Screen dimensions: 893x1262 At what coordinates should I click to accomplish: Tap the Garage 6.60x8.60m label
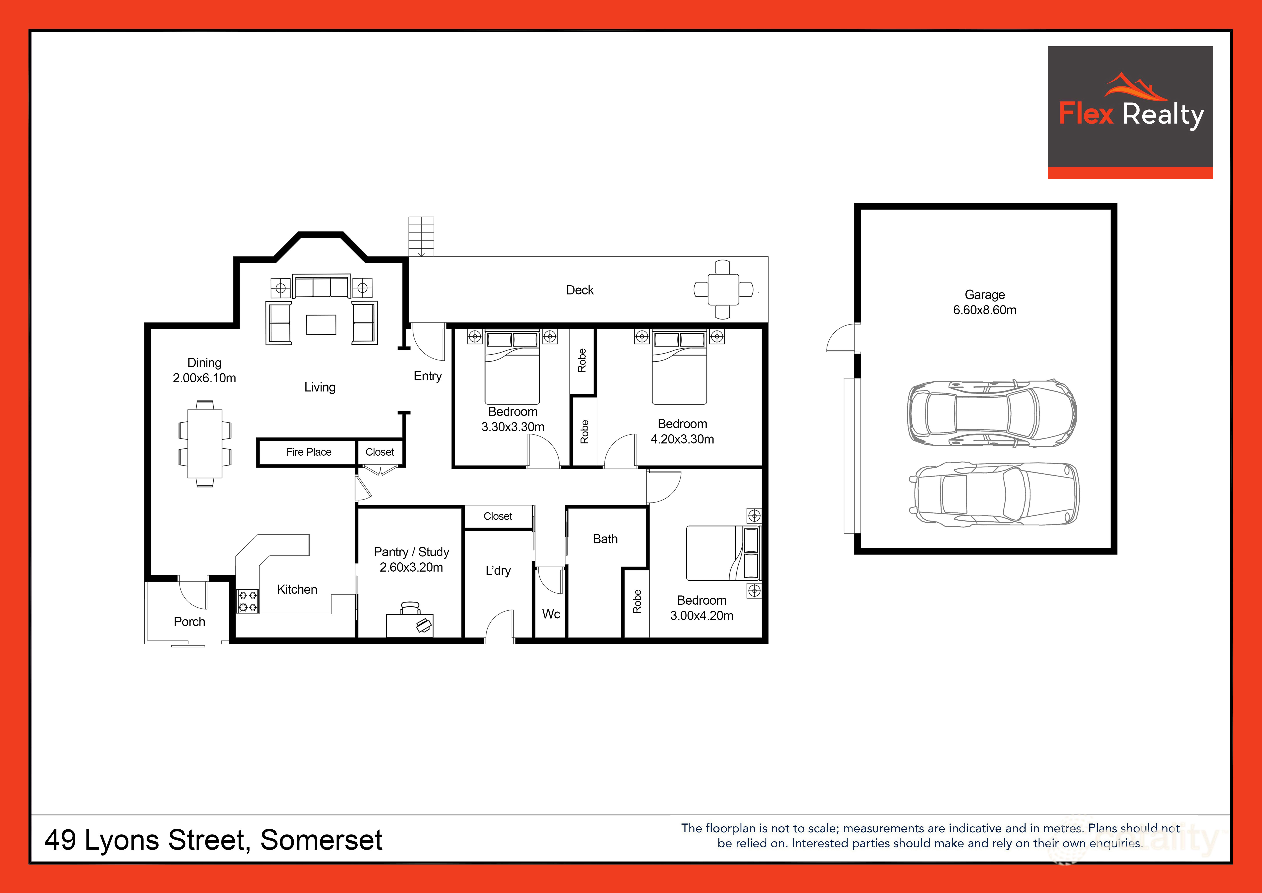(x=984, y=302)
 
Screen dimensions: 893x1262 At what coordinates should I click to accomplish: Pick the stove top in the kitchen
(x=247, y=601)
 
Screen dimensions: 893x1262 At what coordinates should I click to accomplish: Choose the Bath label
(x=605, y=539)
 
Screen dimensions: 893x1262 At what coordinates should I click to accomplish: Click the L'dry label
(x=498, y=571)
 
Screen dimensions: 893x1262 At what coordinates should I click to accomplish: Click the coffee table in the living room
(x=321, y=324)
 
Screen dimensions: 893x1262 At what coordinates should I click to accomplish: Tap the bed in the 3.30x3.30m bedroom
(x=512, y=367)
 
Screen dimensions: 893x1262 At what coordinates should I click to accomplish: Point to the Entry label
(x=428, y=376)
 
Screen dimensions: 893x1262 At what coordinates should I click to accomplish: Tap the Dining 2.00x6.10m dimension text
(x=204, y=378)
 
